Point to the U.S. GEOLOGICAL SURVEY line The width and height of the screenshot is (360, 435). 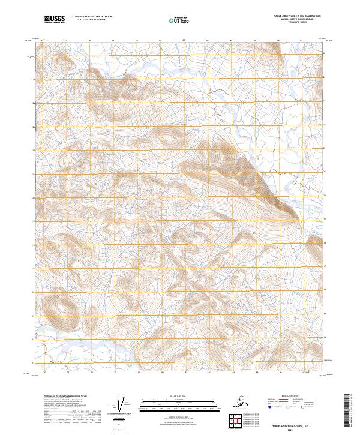coord(87,22)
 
